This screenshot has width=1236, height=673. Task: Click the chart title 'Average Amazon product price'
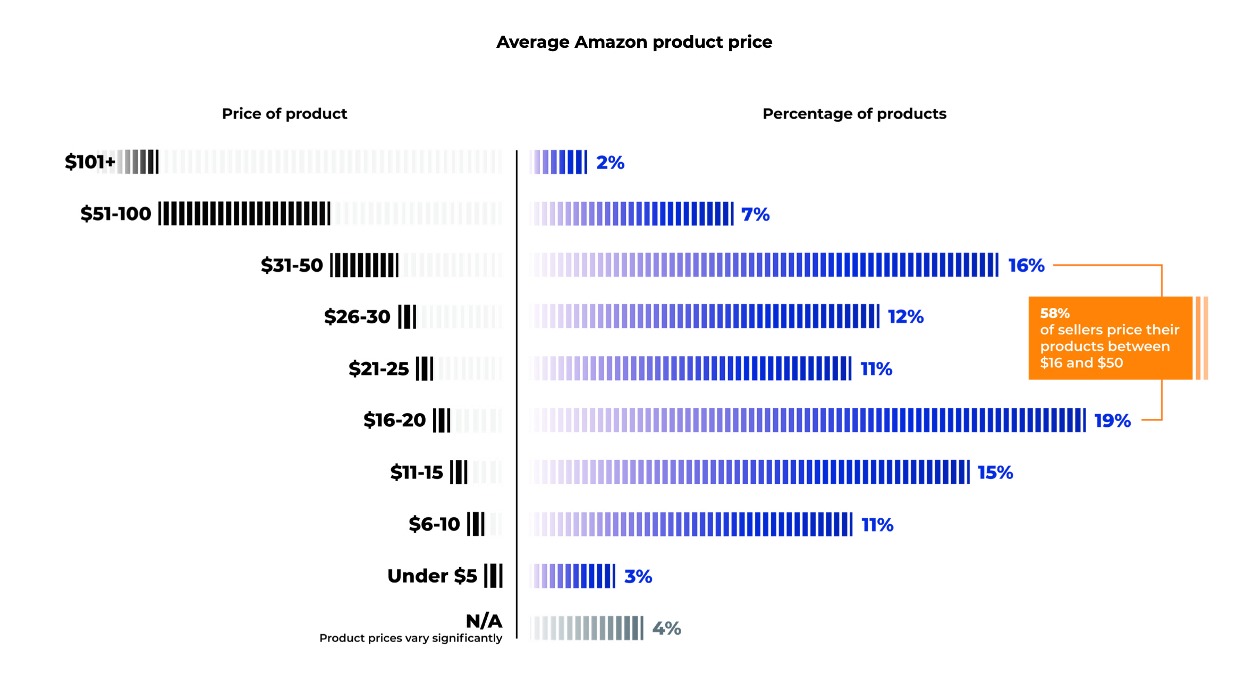(634, 42)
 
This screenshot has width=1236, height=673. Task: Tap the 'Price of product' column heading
(284, 114)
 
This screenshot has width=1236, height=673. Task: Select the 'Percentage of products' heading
(854, 114)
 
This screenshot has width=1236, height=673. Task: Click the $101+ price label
(90, 162)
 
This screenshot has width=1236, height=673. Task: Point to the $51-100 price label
(116, 214)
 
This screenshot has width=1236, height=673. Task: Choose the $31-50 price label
(292, 265)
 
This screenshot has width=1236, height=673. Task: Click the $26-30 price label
(357, 317)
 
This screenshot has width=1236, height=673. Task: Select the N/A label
(484, 621)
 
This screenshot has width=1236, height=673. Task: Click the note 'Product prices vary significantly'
(411, 638)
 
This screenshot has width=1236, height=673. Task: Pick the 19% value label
(1112, 421)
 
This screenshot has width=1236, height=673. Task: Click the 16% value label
(1026, 265)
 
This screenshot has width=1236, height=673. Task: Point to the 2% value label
(610, 163)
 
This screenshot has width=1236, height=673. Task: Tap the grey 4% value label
(666, 628)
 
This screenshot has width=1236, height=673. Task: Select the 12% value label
(905, 317)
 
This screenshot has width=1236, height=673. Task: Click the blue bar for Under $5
(573, 576)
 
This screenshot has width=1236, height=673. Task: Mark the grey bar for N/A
(587, 628)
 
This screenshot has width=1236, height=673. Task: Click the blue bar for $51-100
(632, 214)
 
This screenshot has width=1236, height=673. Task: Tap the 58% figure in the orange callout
(1055, 313)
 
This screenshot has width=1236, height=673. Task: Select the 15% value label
(995, 473)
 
